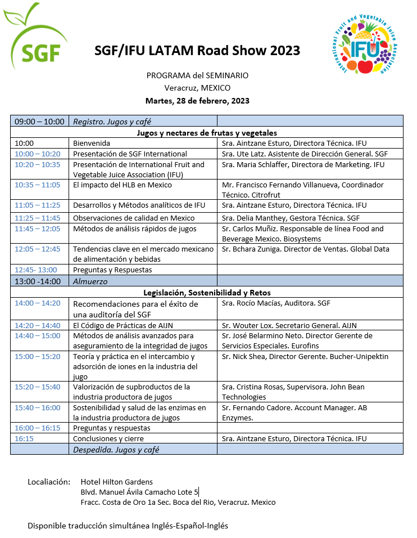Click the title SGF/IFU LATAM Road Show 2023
pyautogui.click(x=197, y=51)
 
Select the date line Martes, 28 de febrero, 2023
pyautogui.click(x=197, y=101)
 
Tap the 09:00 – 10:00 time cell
pyautogui.click(x=39, y=121)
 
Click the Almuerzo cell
pyautogui.click(x=90, y=281)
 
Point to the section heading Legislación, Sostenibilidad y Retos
pyautogui.click(x=206, y=293)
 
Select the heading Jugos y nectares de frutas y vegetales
pyautogui.click(x=206, y=133)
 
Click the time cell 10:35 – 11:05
pyautogui.click(x=38, y=185)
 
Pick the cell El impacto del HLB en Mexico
pyautogui.click(x=123, y=185)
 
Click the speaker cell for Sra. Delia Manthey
pyautogui.click(x=291, y=218)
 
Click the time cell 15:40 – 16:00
pyautogui.click(x=38, y=408)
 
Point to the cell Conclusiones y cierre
pyautogui.click(x=108, y=438)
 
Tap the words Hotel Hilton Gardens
pyautogui.click(x=116, y=482)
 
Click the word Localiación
pyautogui.click(x=49, y=482)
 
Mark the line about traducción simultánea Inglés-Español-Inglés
pyautogui.click(x=128, y=526)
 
